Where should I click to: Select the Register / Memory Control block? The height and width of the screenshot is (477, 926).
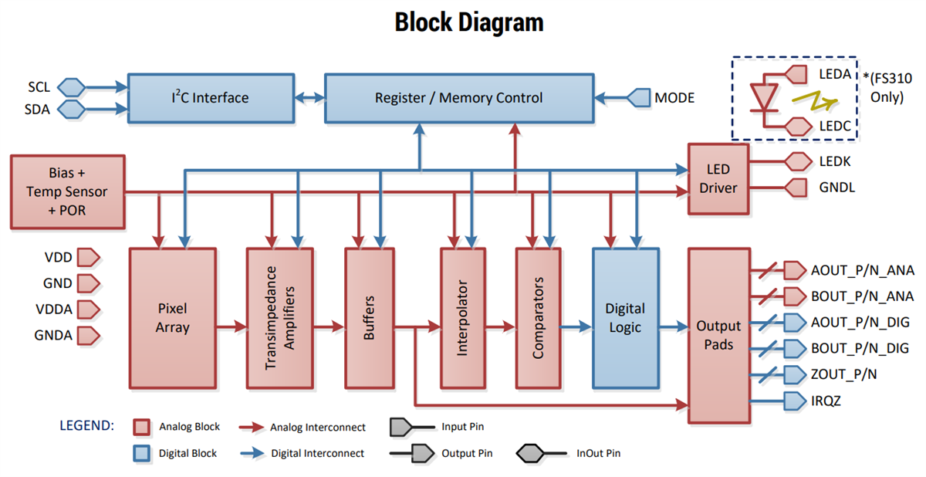pos(458,98)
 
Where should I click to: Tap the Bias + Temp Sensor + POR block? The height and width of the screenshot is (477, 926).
pos(67,192)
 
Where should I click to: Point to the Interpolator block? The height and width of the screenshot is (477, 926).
pos(463,317)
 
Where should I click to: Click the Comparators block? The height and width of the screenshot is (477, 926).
pos(538,317)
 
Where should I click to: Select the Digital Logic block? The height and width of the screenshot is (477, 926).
pos(625,317)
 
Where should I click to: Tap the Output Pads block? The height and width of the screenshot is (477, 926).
pos(718,336)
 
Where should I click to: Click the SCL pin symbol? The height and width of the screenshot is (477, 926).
pos(71,87)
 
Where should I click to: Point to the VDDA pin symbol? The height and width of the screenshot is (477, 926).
pos(90,309)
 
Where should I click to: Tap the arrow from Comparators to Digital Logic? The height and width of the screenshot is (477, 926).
pos(576,327)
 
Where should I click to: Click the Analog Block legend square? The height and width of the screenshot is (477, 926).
pos(141,427)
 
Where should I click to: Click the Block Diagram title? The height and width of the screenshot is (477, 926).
pos(469,22)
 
